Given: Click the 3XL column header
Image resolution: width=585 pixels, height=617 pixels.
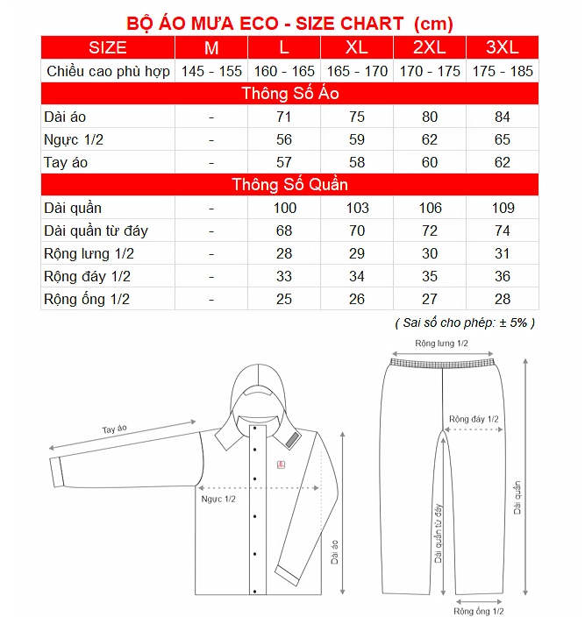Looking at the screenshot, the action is pos(503,47).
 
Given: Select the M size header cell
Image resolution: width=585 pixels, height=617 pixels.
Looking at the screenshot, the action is pos(211,47).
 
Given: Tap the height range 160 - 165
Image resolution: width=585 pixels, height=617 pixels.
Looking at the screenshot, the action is pos(284,71).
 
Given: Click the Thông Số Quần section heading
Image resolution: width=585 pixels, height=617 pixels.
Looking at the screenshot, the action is pos(289,185).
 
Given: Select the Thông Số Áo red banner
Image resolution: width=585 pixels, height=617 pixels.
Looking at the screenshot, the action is pos(289,94).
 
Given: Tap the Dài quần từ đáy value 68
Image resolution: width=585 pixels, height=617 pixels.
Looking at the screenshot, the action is pos(284,230).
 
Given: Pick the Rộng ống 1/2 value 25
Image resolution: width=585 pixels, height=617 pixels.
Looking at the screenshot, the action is pos(284,299).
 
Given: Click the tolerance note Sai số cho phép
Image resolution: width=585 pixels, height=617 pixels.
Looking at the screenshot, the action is pos(465,322).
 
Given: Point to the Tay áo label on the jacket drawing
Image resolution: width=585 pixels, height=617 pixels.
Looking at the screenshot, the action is pos(115,429).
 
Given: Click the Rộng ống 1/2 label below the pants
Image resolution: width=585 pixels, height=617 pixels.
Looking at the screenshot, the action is pos(479,610).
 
